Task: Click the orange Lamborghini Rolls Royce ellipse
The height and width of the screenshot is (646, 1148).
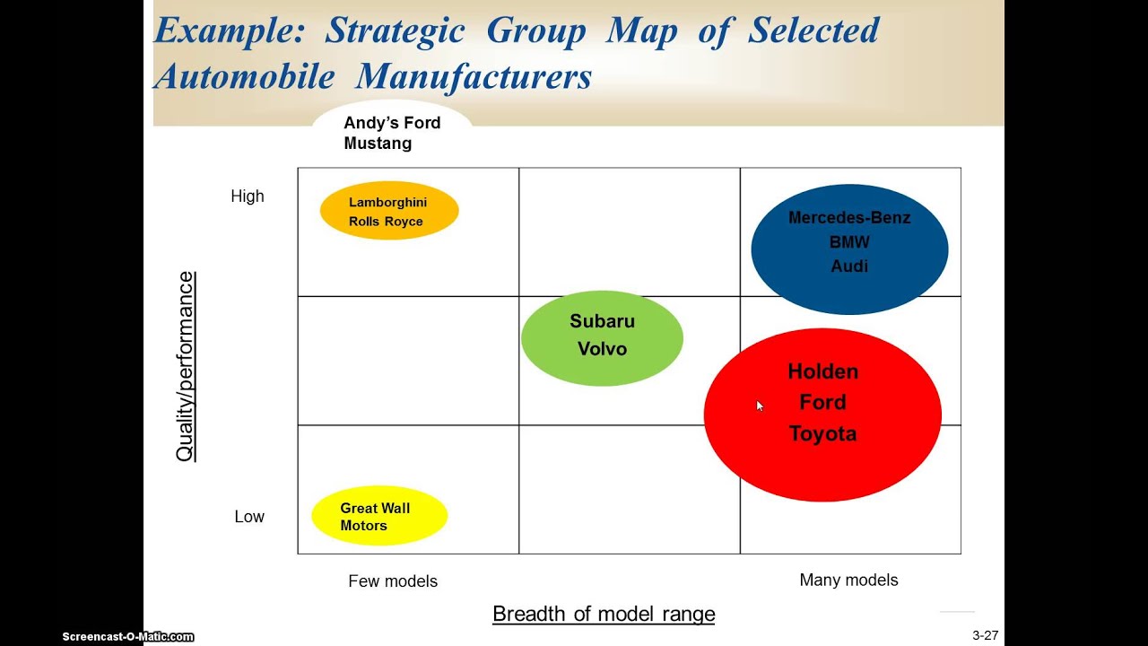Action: (389, 212)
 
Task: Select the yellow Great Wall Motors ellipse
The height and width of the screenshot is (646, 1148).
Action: (378, 516)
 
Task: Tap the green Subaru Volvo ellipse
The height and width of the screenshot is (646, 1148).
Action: (602, 337)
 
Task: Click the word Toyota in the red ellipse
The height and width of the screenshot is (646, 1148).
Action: (822, 434)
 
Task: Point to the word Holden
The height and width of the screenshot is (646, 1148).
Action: (822, 371)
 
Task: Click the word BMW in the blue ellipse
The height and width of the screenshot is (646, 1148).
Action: (848, 242)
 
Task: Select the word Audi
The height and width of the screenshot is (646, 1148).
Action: (848, 266)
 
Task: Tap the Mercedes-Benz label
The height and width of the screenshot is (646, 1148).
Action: (848, 218)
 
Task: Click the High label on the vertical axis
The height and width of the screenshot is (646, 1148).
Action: (248, 196)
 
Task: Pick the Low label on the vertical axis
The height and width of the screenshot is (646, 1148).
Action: (249, 517)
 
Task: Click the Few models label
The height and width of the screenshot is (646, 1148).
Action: (393, 581)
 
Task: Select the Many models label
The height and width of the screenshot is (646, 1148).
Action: (848, 581)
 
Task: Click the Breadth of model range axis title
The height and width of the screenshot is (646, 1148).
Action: (604, 615)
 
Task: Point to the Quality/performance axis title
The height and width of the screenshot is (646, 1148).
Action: (185, 367)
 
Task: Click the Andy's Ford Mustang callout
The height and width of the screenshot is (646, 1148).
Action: (392, 133)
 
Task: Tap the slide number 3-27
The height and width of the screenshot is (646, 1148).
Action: (985, 635)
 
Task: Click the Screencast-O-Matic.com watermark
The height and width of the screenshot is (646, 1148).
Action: (127, 636)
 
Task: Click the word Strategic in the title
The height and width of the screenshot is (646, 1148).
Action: (395, 31)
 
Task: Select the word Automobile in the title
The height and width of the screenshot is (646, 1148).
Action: (246, 77)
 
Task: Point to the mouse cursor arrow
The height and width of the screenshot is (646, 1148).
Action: (759, 406)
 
